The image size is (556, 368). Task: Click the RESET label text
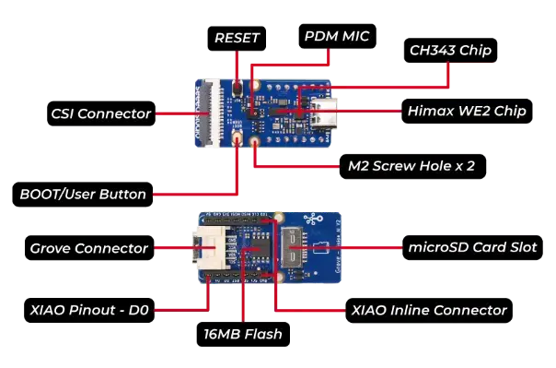(x=237, y=38)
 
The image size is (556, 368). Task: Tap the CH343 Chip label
(x=449, y=50)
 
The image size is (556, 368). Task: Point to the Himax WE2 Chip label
(x=466, y=111)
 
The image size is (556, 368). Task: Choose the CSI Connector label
(x=101, y=114)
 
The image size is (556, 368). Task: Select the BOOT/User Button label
(x=83, y=195)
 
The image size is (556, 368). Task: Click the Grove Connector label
(x=88, y=248)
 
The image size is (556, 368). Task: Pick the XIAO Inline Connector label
(x=429, y=310)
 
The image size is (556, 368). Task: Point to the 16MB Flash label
(x=243, y=334)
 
